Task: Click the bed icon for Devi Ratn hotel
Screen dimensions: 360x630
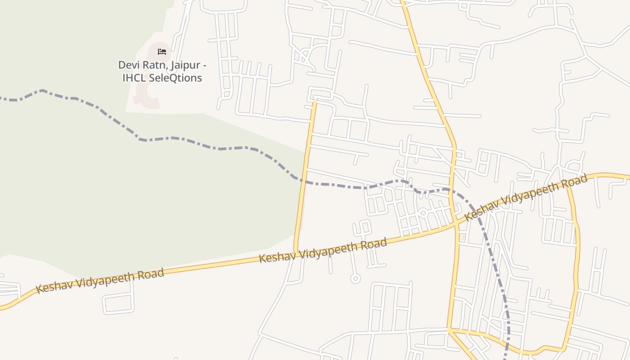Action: pyautogui.click(x=162, y=52)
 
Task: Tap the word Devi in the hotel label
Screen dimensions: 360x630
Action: pyautogui.click(x=127, y=65)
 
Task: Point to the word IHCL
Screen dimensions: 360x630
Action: pyautogui.click(x=135, y=78)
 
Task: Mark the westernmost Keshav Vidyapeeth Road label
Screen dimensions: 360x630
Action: pyautogui.click(x=100, y=281)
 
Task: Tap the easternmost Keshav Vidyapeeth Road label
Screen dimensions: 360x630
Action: pyautogui.click(x=526, y=198)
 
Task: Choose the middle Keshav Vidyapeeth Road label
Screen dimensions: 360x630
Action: pyautogui.click(x=323, y=251)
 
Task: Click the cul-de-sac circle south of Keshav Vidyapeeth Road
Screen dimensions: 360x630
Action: pyautogui.click(x=355, y=279)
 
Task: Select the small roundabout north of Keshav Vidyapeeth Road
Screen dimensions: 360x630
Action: pyautogui.click(x=423, y=212)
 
